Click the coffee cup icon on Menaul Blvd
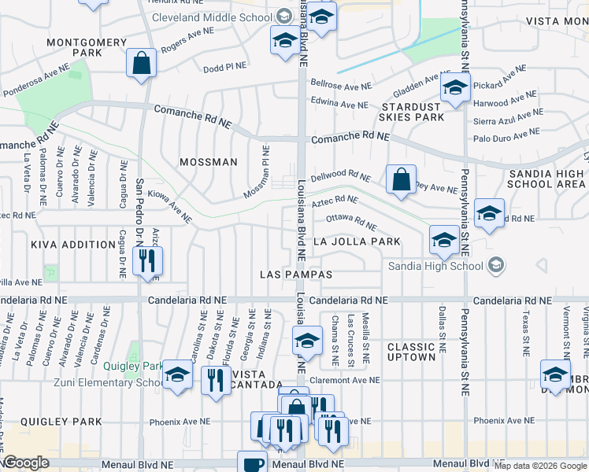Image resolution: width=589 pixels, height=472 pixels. point(252,463)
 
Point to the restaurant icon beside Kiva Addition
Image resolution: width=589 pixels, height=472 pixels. point(147,260)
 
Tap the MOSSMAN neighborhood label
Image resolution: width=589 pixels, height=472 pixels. point(208,162)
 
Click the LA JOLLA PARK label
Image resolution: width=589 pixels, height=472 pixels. point(357,242)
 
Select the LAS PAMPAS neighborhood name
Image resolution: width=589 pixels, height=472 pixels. point(297,275)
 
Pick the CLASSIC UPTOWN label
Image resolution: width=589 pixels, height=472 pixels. point(411,352)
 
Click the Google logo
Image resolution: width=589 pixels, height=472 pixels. point(26,463)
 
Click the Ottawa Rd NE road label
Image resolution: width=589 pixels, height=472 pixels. point(351,220)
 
